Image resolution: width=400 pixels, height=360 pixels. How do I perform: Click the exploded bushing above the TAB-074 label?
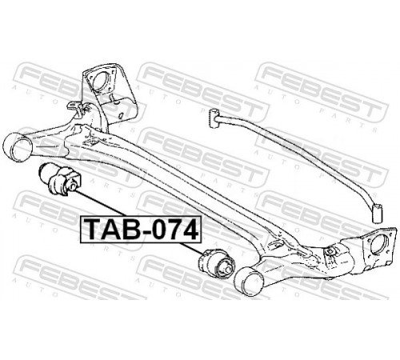point(59,178)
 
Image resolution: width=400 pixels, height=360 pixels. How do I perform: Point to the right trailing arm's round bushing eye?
point(248,282)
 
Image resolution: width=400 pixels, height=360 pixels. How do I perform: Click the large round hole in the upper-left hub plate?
point(99,81)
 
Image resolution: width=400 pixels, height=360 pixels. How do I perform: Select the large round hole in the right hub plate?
point(378,244)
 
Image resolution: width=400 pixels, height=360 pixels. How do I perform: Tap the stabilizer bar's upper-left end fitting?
point(214,118)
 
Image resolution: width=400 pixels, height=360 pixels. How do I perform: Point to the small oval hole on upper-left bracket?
point(122,115)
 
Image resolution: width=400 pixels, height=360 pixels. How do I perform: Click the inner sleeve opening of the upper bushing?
point(72,185)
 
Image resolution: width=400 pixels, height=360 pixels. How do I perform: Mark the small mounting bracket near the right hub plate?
point(330,252)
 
